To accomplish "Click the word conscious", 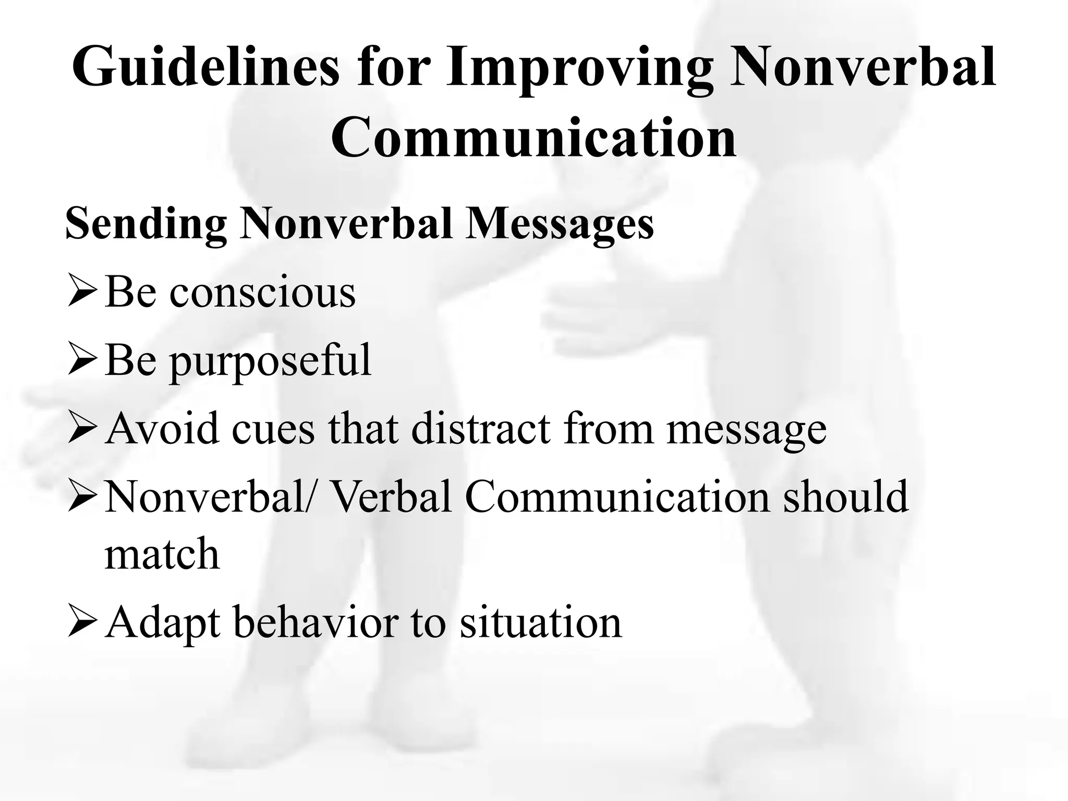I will [262, 292].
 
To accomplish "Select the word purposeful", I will [270, 361].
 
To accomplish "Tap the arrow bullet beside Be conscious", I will [81, 293].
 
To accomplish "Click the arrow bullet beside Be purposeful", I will [81, 361].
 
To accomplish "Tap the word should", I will [845, 497].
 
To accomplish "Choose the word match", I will [162, 554].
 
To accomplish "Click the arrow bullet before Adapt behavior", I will [81, 623].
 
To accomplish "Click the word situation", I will [541, 622].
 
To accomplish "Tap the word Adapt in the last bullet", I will [162, 623].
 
